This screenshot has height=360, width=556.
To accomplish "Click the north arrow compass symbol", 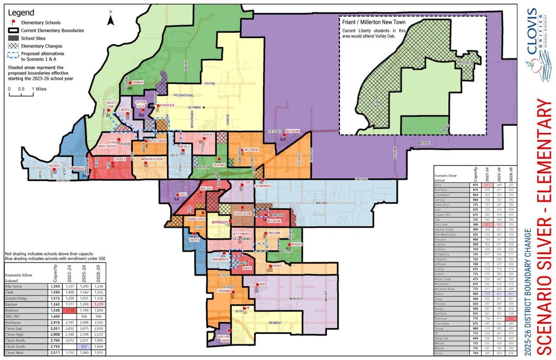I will coord(110,19).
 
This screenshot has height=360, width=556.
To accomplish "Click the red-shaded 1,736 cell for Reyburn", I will coord(71,311).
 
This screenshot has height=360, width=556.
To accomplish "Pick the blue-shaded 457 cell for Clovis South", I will coord(86,346).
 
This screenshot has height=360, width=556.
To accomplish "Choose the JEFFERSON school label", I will coord(221,222).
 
